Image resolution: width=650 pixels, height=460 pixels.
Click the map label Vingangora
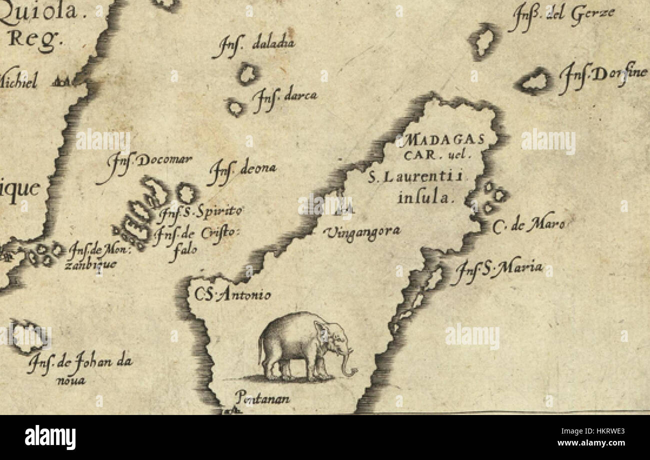362,231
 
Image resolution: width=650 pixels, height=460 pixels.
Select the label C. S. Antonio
230,294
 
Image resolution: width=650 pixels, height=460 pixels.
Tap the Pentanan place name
262,398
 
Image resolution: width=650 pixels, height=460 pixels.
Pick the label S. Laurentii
416,176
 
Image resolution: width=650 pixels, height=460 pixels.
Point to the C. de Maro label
528,225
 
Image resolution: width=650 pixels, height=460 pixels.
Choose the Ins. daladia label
253,46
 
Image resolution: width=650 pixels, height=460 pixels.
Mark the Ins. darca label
284,97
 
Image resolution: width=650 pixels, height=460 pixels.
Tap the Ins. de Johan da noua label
80,368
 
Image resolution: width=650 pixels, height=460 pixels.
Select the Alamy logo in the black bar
50,437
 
